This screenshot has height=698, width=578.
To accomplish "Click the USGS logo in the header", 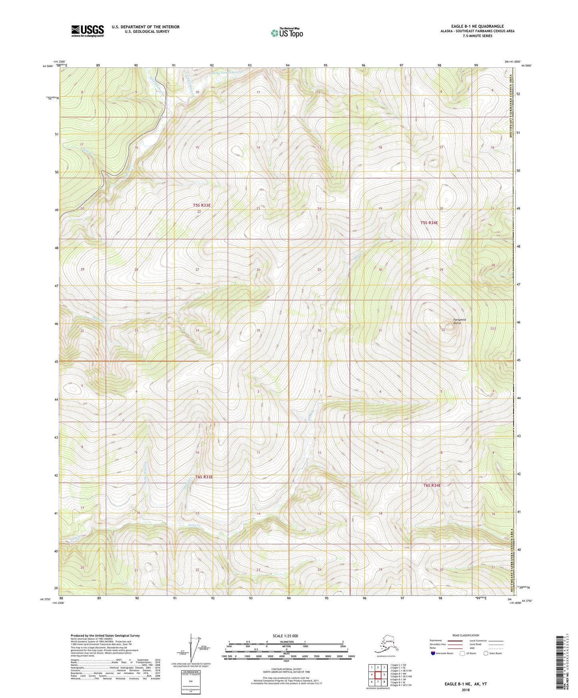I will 88,30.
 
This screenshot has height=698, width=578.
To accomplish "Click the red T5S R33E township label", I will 202,205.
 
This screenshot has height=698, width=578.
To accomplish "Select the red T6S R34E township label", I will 432,485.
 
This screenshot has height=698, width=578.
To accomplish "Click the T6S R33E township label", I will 204,477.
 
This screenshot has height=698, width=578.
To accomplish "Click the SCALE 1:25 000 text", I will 286,636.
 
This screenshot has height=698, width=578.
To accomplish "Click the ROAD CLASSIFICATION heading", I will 465,635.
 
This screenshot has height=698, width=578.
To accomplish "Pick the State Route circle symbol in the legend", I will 486,653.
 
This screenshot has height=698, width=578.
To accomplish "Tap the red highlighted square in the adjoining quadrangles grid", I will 378,675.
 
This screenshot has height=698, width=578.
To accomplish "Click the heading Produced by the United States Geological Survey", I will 105,635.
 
